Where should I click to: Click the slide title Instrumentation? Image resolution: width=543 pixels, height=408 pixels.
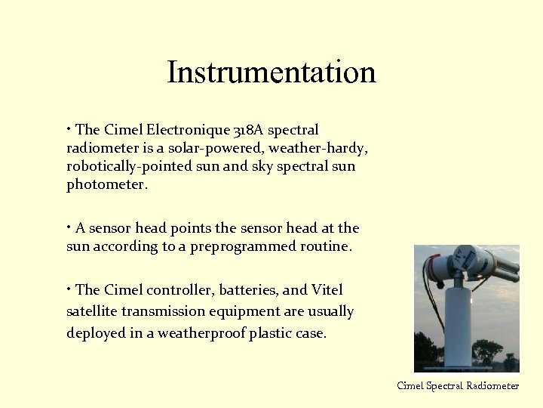pos(271,73)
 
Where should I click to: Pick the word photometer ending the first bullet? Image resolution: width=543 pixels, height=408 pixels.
pos(106,184)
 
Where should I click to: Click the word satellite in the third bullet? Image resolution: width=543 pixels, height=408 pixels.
pos(93,311)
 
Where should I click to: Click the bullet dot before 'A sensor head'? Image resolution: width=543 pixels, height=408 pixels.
pos(69,227)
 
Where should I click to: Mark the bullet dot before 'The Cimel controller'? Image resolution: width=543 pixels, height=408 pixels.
pos(69,289)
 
